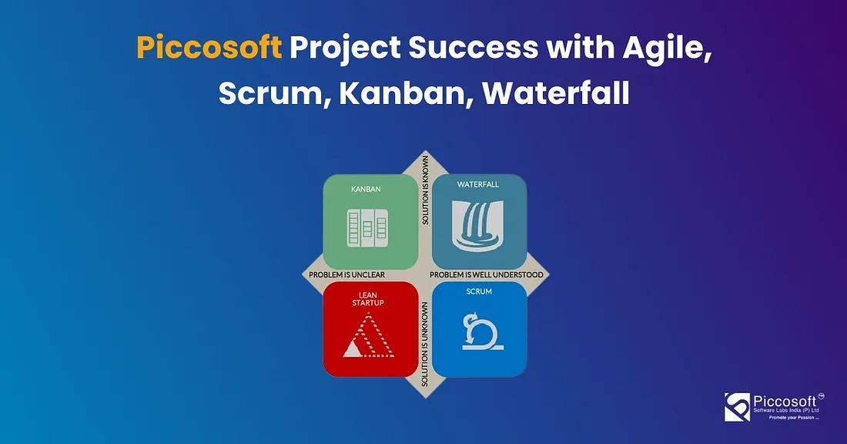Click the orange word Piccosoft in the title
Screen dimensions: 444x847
(x=209, y=48)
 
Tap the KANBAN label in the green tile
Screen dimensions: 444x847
(x=367, y=188)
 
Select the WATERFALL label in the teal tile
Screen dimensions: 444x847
(x=479, y=185)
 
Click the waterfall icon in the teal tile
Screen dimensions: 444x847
(x=479, y=226)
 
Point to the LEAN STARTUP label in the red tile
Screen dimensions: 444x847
(x=371, y=298)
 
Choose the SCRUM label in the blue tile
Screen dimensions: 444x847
(x=479, y=292)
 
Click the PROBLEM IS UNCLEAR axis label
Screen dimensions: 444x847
(x=346, y=274)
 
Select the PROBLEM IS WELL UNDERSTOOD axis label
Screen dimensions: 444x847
(x=487, y=274)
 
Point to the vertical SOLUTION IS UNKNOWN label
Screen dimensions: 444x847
(x=425, y=345)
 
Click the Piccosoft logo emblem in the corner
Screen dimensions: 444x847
(x=738, y=407)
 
